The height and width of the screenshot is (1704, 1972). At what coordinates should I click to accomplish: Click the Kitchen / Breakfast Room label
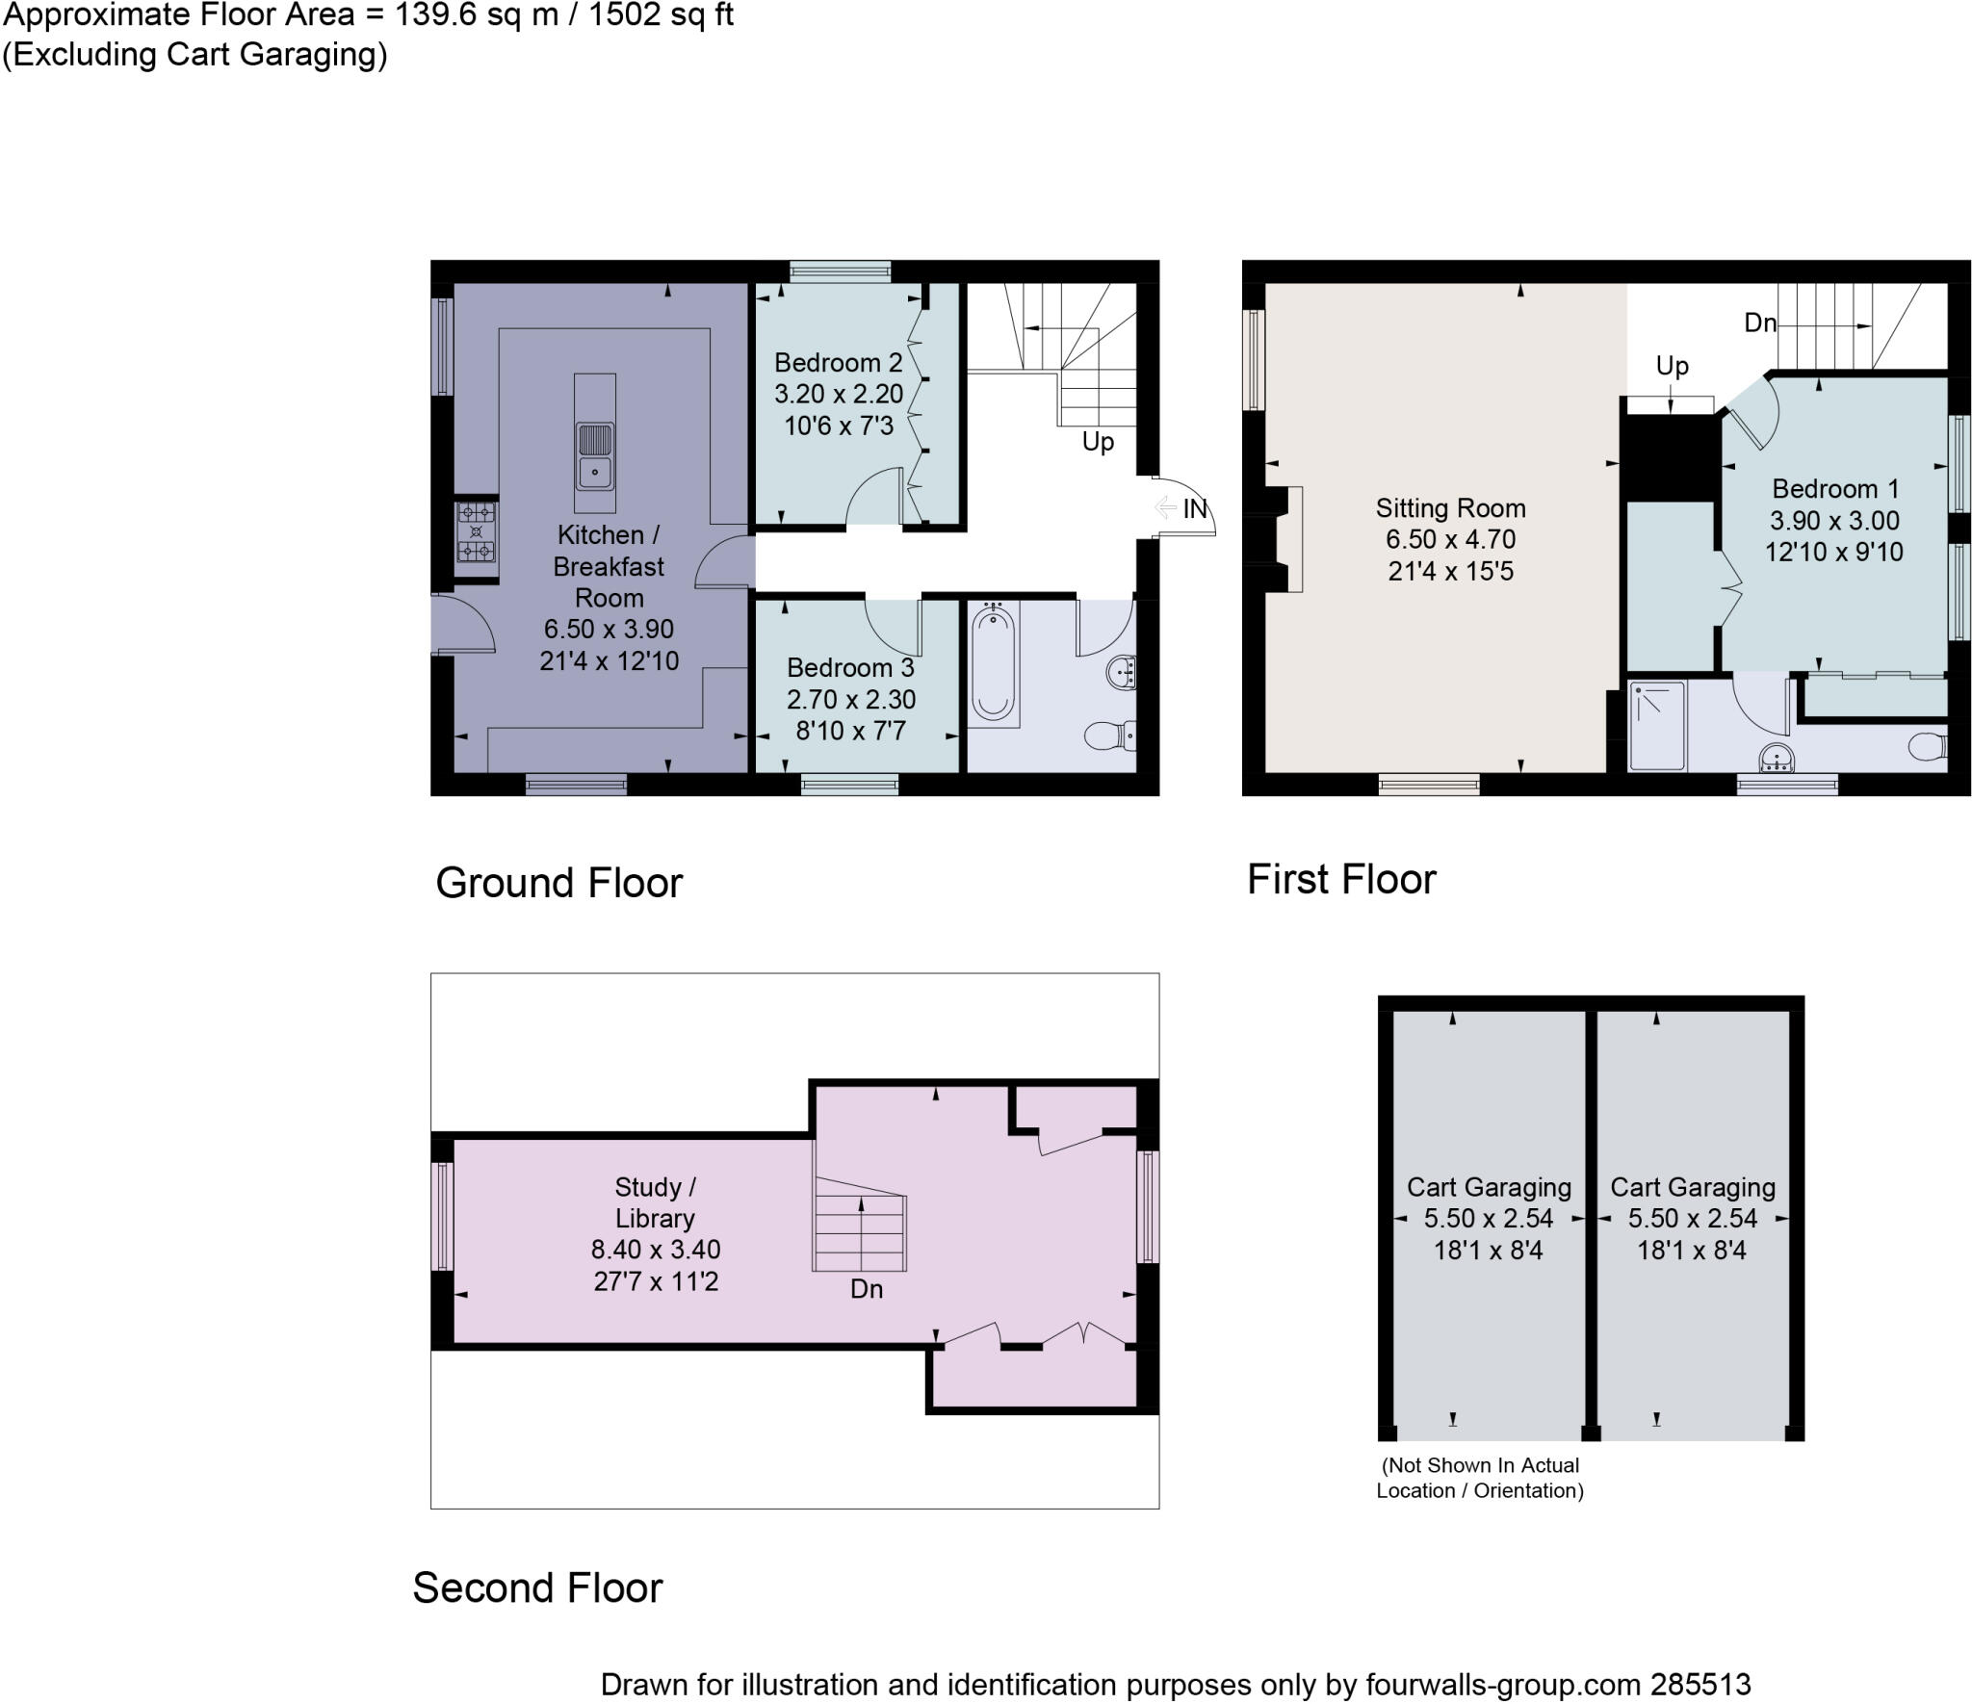(608, 566)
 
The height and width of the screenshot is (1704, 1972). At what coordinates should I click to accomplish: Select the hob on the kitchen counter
(476, 530)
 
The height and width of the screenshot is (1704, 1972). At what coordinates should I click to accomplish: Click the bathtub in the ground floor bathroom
(993, 664)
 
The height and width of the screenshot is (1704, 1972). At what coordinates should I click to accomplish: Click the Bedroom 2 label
(838, 363)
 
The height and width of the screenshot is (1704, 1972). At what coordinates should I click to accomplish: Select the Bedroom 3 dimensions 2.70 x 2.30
(851, 699)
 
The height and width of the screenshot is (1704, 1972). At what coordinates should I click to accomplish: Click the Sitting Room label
(1450, 507)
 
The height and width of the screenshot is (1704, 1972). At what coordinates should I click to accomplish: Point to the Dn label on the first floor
(1760, 323)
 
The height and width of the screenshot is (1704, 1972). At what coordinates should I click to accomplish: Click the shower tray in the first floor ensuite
(1657, 726)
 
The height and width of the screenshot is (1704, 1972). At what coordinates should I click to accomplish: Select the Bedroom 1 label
(1834, 489)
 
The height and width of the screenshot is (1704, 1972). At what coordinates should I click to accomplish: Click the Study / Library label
(655, 1202)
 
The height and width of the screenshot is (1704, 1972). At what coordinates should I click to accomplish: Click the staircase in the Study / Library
(860, 1232)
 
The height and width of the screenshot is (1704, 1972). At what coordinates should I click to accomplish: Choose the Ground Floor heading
(558, 883)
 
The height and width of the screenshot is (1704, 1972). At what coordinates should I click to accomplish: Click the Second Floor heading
(537, 1588)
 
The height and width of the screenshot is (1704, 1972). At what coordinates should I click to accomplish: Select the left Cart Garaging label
(1489, 1187)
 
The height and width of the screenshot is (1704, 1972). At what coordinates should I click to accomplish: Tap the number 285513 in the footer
(1700, 1685)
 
